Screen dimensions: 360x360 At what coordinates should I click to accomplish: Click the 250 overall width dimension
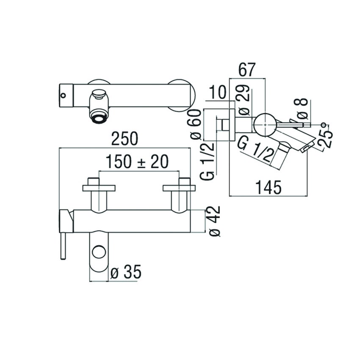pyautogui.click(x=125, y=139)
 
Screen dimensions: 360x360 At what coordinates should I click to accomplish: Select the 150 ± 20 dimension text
pyautogui.click(x=137, y=162)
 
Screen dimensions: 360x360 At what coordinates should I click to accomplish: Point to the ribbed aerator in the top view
pyautogui.click(x=99, y=116)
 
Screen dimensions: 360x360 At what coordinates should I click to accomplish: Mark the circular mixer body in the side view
pyautogui.click(x=264, y=125)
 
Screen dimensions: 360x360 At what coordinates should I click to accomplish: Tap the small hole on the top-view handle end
pyautogui.click(x=64, y=96)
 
